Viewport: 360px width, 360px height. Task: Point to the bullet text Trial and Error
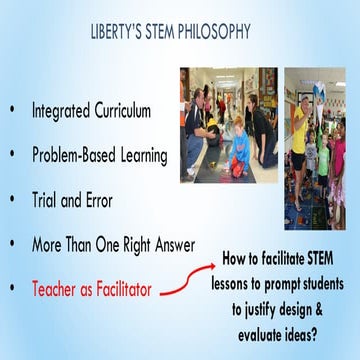pos(72,200)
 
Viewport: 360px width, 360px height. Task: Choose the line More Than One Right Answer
pos(113,244)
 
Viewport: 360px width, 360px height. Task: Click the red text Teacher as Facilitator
pos(92,289)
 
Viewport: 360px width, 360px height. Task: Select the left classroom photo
pos(229,124)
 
